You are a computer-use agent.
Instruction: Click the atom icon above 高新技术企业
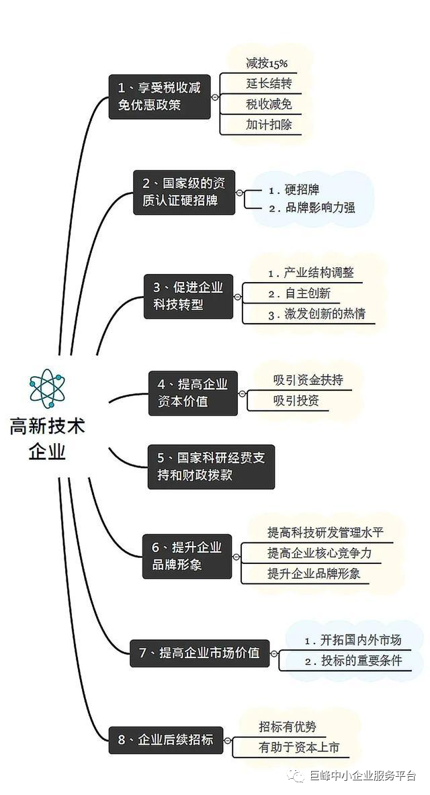click(47, 388)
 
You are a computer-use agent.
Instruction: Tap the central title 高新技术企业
click(47, 438)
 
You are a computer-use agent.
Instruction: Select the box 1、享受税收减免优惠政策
click(159, 97)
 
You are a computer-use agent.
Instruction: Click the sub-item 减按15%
click(267, 63)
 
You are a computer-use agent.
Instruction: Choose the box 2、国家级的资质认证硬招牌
click(184, 192)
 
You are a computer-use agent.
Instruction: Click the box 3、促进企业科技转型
click(188, 297)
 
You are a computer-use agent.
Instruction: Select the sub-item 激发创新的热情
click(325, 314)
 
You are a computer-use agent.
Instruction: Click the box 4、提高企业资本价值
click(193, 393)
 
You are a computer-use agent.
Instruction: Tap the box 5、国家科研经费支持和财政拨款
click(211, 467)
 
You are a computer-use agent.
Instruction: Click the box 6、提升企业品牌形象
click(187, 556)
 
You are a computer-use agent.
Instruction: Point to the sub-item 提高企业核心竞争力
click(319, 553)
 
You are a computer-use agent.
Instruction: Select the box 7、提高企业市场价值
click(200, 653)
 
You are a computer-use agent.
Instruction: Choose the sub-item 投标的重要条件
click(361, 661)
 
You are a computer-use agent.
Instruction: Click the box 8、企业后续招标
click(166, 740)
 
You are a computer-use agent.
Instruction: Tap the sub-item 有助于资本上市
click(299, 748)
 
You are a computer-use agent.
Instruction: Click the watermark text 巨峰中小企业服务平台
click(363, 776)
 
